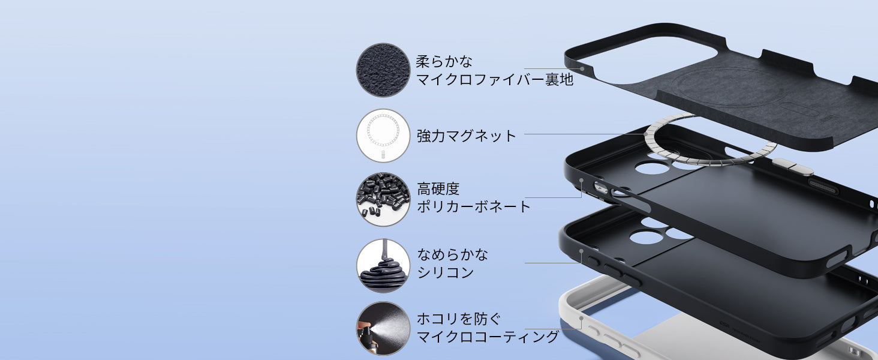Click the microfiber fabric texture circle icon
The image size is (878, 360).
(x=383, y=70)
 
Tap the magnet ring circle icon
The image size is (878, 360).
(x=383, y=135)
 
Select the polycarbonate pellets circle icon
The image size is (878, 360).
(x=383, y=200)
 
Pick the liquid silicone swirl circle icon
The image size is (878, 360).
(x=383, y=265)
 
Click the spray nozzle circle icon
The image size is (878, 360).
(x=383, y=328)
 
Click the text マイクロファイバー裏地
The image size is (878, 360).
(x=495, y=79)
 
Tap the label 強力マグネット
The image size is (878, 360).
(x=466, y=136)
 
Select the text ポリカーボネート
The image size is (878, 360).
(x=474, y=207)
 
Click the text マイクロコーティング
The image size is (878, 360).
(x=488, y=337)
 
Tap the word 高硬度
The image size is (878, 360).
(x=438, y=189)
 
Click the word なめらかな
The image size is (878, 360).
(x=453, y=254)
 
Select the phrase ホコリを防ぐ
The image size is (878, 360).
(x=458, y=319)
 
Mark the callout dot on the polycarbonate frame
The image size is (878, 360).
(x=581, y=179)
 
